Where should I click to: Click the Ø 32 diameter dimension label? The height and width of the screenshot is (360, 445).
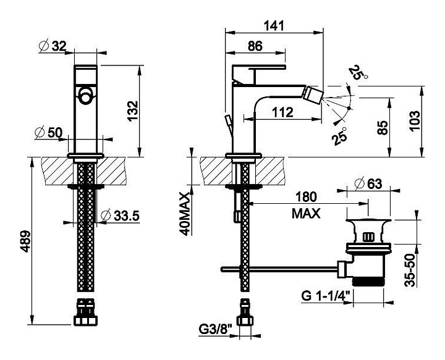(x=54, y=46)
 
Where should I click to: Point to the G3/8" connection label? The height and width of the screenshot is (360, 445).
(x=217, y=338)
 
